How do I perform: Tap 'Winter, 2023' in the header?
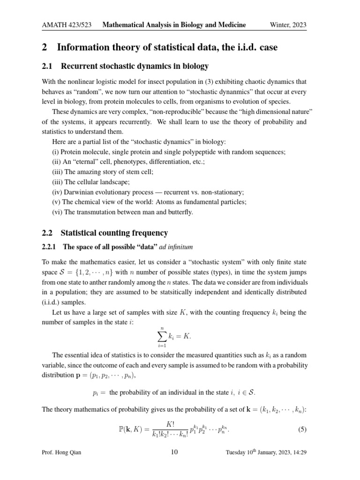coord(288,25)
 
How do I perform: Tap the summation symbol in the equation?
coord(162,336)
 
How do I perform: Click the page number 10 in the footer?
coord(174,452)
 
